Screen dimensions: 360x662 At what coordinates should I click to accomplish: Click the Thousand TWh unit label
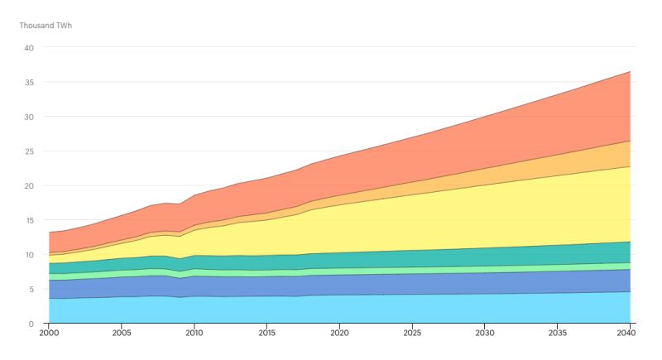(46, 25)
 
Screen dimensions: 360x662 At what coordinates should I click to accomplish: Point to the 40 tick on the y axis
(29, 48)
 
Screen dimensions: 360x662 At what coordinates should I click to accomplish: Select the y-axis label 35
(29, 82)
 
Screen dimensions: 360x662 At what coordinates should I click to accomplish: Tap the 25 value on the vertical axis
(29, 151)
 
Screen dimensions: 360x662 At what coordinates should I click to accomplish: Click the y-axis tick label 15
(29, 220)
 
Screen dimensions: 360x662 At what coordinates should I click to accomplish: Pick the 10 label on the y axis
(29, 255)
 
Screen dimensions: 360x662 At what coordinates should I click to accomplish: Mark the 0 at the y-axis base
(31, 324)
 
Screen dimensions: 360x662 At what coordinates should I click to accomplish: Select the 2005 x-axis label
(122, 334)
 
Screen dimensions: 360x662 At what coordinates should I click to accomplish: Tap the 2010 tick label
(194, 334)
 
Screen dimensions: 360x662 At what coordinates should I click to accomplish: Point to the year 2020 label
(339, 334)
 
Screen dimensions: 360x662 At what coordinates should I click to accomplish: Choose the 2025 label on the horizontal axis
(412, 334)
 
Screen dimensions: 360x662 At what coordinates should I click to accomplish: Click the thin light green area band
(414, 270)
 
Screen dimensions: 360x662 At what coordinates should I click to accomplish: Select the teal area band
(414, 257)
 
